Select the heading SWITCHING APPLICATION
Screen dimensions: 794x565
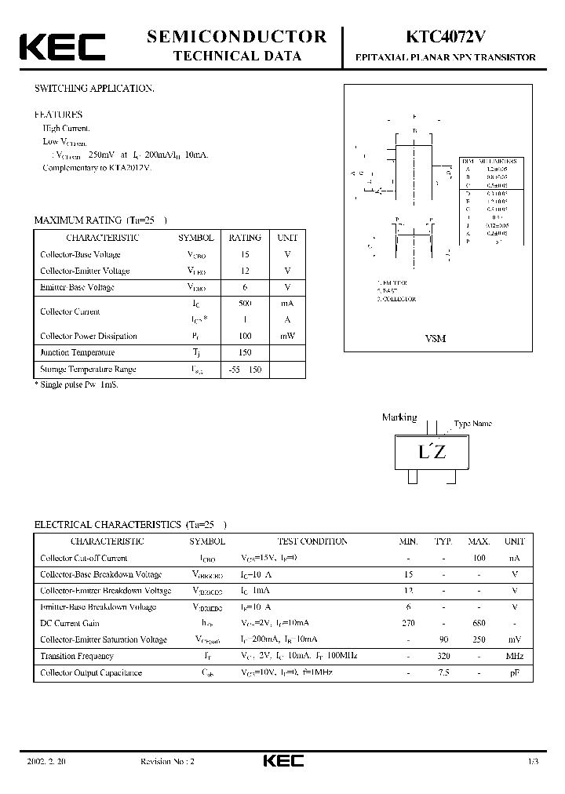93,89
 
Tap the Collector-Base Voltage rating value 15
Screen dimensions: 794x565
245,254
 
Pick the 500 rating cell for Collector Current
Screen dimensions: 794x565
245,303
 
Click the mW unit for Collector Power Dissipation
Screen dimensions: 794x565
286,336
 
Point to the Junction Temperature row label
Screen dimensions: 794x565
78,352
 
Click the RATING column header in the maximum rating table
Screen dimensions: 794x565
245,238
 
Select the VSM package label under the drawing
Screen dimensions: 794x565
436,338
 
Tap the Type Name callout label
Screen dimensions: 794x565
472,424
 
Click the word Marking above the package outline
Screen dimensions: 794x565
399,417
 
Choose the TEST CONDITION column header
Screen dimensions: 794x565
312,541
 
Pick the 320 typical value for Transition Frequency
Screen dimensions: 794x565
443,656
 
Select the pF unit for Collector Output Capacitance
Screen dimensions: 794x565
515,672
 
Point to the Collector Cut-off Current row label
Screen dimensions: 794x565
83,558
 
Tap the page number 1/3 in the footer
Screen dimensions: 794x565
534,762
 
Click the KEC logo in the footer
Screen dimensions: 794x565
282,761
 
